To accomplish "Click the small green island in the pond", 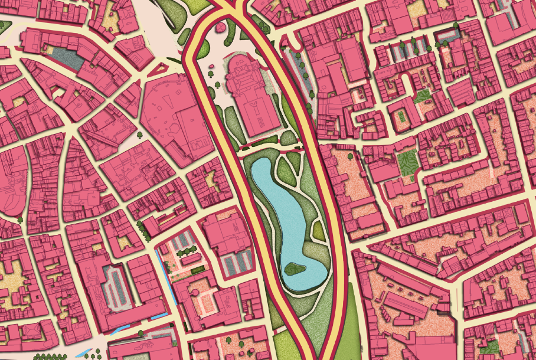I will pos(295,269).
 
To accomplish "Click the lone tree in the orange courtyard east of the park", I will pos(350,156).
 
